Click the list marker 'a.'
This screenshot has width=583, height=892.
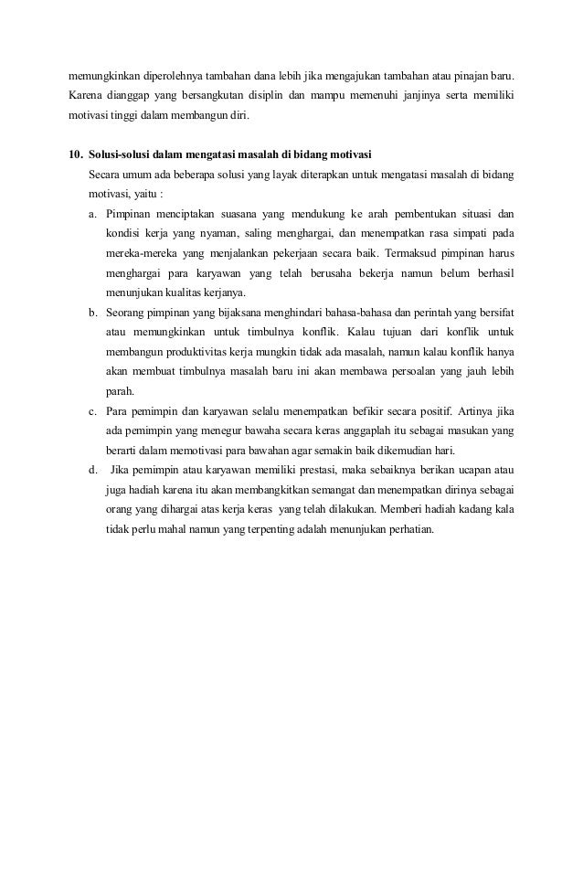(x=94, y=213)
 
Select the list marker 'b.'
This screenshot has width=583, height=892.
(x=94, y=312)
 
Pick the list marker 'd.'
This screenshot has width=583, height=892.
(x=94, y=470)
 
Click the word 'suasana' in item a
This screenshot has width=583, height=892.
(x=236, y=213)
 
